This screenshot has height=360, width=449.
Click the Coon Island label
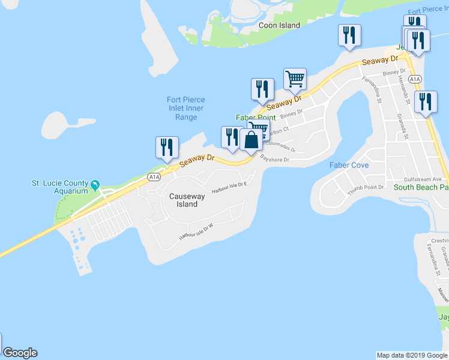pyautogui.click(x=279, y=26)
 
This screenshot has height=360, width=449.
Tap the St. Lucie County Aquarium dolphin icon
pyautogui.click(x=94, y=184)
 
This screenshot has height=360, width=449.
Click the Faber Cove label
pyautogui.click(x=349, y=165)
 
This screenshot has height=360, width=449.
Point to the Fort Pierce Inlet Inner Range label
pyautogui.click(x=186, y=109)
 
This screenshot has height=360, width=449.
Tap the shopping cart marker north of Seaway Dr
pyautogui.click(x=295, y=79)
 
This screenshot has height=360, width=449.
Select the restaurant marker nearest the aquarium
pyautogui.click(x=166, y=148)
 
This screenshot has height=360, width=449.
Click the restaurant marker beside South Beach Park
pyautogui.click(x=426, y=103)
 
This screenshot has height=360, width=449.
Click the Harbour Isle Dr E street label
pyautogui.click(x=229, y=188)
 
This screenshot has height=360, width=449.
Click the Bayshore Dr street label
pyautogui.click(x=275, y=160)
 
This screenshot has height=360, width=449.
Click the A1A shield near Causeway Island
pyautogui.click(x=154, y=176)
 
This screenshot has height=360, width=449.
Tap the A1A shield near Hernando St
pyautogui.click(x=414, y=79)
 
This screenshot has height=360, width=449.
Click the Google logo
pyautogui.click(x=20, y=353)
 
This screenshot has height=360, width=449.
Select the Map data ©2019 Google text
pyautogui.click(x=412, y=355)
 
